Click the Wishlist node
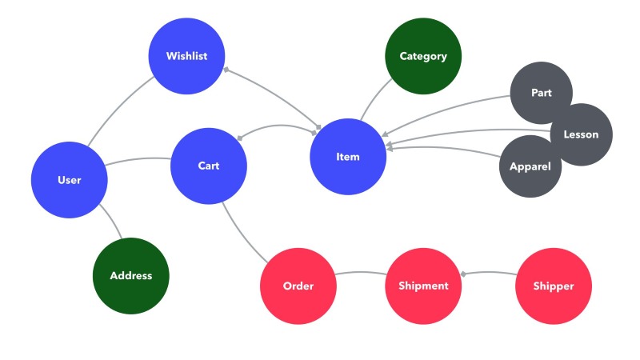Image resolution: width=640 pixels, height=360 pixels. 186,56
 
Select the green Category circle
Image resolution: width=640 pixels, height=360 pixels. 423,56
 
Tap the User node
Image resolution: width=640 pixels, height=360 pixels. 70,180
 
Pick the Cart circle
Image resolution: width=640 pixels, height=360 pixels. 209,166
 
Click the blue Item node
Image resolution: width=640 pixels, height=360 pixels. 348,157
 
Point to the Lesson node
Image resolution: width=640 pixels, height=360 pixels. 580,134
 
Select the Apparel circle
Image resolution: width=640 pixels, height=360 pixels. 530,166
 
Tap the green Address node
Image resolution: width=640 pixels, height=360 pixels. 131,275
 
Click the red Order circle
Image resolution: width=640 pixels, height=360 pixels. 298,286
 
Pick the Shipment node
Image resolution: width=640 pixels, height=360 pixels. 423,286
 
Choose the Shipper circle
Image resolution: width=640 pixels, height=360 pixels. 553,286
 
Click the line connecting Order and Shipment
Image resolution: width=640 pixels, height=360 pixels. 361,274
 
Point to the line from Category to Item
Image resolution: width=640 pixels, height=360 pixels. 373,104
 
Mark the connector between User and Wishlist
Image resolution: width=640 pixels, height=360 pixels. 118,106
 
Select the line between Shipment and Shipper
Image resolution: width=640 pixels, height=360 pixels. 488,274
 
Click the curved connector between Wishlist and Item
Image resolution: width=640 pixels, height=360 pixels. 272,96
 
